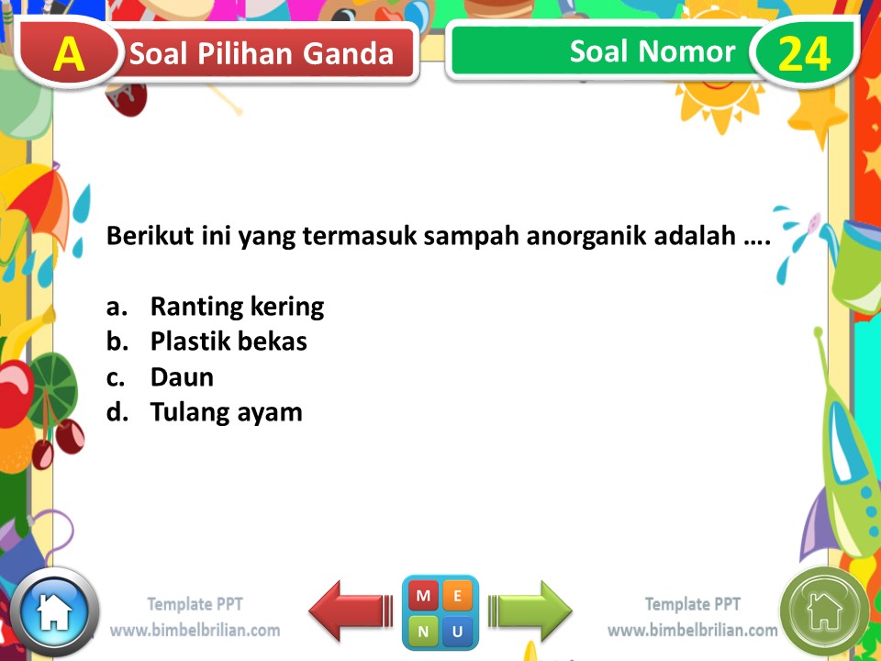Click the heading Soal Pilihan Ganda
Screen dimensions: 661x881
coord(262,55)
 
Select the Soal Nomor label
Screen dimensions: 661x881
coord(652,51)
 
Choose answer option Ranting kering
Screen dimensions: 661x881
coord(237,307)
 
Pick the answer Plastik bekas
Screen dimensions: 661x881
coord(229,342)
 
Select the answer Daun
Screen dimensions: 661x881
coord(182,377)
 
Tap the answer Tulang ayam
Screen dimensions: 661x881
coord(226,412)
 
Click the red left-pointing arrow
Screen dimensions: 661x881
coord(351,610)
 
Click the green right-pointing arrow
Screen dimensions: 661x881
coord(531,610)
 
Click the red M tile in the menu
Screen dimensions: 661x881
coord(423,596)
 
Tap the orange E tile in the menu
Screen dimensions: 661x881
coord(457,596)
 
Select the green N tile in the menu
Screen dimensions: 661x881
coord(423,631)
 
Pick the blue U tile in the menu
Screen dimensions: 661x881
coord(457,631)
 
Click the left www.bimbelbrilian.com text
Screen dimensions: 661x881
coord(195,631)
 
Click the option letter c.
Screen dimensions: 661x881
coord(115,377)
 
